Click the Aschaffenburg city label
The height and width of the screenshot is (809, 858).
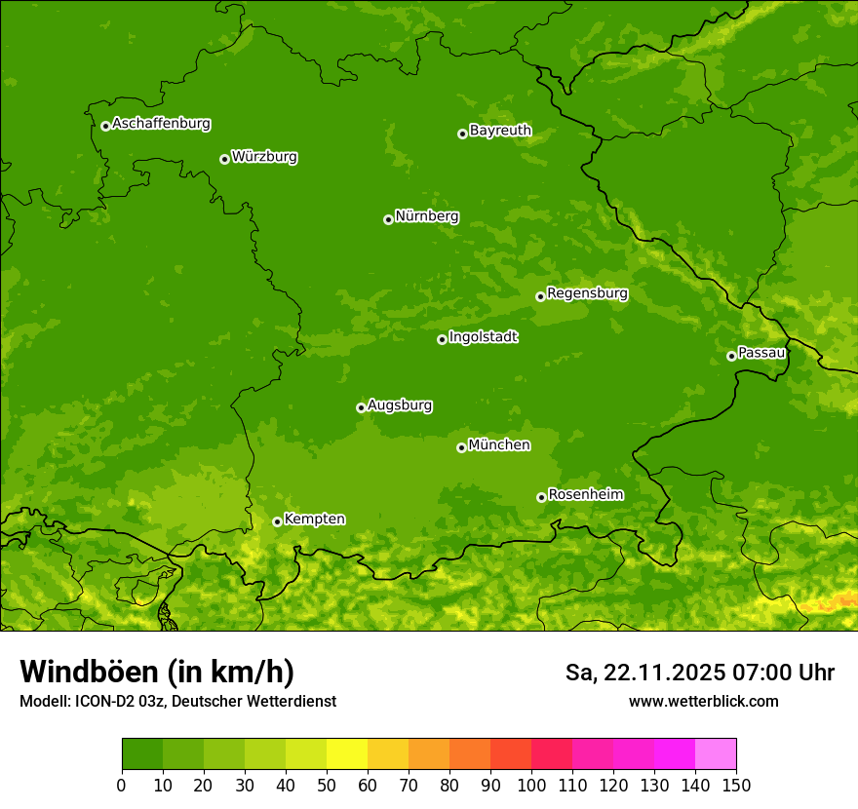[161, 124]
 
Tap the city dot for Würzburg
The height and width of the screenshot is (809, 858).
[224, 159]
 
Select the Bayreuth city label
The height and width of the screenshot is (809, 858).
[500, 131]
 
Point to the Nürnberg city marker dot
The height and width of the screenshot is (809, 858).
[388, 219]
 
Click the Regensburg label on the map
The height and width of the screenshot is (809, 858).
[587, 293]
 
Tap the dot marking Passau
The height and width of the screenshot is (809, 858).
[731, 356]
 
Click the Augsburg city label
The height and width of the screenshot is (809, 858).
[400, 405]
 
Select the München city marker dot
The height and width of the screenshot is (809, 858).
[461, 447]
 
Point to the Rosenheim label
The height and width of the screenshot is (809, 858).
[585, 495]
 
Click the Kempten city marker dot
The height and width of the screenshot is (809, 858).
[277, 521]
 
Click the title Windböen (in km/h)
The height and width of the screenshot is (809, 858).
[157, 672]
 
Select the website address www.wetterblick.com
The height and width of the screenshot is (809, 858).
[703, 702]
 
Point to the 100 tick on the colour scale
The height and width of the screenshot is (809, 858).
[531, 785]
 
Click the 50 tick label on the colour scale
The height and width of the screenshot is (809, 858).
[327, 785]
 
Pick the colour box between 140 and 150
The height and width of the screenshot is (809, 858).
[716, 754]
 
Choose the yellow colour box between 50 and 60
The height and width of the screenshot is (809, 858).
[347, 754]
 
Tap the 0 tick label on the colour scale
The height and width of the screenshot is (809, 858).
[122, 785]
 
